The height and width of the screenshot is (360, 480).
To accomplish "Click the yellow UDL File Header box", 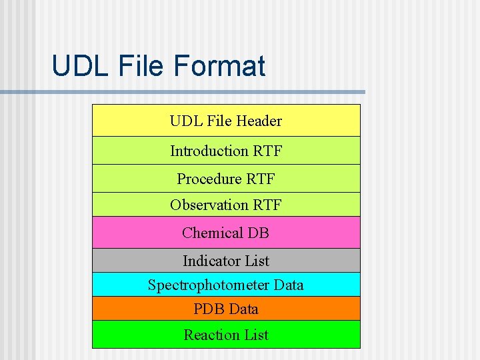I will [226, 121].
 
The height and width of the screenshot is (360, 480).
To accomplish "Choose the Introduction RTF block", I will [226, 151].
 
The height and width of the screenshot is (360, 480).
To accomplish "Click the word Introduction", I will [209, 151].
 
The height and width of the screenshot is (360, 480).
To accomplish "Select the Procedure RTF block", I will [226, 179].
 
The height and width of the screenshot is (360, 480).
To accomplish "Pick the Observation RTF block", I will [226, 205].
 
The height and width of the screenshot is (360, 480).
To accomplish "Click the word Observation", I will [209, 205].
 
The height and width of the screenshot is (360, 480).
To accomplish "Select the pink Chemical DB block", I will [226, 233].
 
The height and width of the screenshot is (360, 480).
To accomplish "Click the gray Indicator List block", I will [226, 261].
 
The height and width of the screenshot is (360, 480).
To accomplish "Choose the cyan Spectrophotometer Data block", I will [226, 285].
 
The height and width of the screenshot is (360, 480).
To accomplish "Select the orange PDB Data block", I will [226, 309].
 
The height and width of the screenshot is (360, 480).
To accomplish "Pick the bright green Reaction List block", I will [226, 335].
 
